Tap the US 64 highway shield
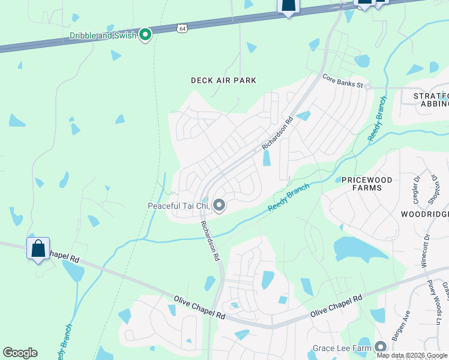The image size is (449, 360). pyautogui.click(x=182, y=28)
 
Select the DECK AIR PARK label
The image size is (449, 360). pyautogui.click(x=223, y=80)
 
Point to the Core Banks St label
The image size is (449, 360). pyautogui.click(x=343, y=81)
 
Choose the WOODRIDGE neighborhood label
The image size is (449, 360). pyautogui.click(x=424, y=214)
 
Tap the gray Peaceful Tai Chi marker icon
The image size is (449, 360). pyautogui.click(x=219, y=206)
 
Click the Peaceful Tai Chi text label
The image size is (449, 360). pyautogui.click(x=178, y=206)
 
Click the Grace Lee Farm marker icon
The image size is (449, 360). pyautogui.click(x=381, y=347)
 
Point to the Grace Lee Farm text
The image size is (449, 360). pyautogui.click(x=343, y=348)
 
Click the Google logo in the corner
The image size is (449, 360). pyautogui.click(x=20, y=353)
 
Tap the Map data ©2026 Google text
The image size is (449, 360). pyautogui.click(x=412, y=355)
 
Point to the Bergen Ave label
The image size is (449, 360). pyautogui.click(x=401, y=326)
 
